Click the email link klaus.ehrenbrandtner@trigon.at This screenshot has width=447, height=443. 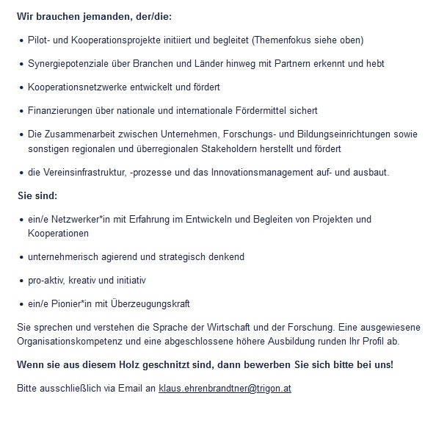tap(225, 388)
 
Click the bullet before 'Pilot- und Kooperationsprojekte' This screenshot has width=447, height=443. tap(21, 40)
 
